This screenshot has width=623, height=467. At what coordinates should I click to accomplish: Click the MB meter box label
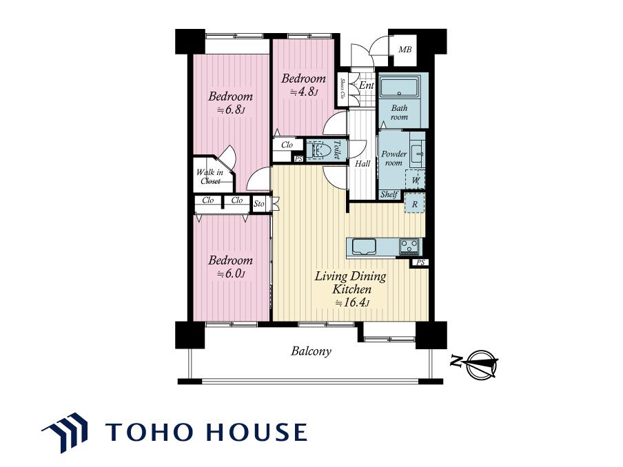click(405, 50)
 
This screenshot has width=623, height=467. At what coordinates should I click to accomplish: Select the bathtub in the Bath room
click(398, 87)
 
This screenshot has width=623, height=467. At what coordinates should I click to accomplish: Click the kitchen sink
click(363, 247)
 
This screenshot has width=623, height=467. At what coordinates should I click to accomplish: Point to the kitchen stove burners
click(409, 247)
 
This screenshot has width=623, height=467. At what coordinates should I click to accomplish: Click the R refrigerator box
click(414, 204)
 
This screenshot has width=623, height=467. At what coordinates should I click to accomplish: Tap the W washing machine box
click(415, 180)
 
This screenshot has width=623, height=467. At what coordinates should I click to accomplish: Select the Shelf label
click(389, 194)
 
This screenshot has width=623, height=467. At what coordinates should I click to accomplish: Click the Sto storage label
click(258, 204)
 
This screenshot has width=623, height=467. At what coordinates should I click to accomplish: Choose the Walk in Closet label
click(210, 177)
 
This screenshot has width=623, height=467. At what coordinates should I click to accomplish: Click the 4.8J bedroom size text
click(304, 92)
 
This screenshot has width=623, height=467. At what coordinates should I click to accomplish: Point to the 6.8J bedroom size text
click(230, 110)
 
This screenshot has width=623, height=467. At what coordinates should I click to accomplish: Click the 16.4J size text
click(352, 303)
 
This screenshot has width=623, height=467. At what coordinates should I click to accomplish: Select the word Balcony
click(311, 351)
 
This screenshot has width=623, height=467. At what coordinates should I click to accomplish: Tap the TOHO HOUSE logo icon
click(65, 433)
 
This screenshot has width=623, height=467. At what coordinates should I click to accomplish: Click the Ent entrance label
click(367, 85)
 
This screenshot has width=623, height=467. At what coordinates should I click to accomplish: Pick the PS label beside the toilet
click(298, 159)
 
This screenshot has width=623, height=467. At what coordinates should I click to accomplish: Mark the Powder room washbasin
click(417, 154)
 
